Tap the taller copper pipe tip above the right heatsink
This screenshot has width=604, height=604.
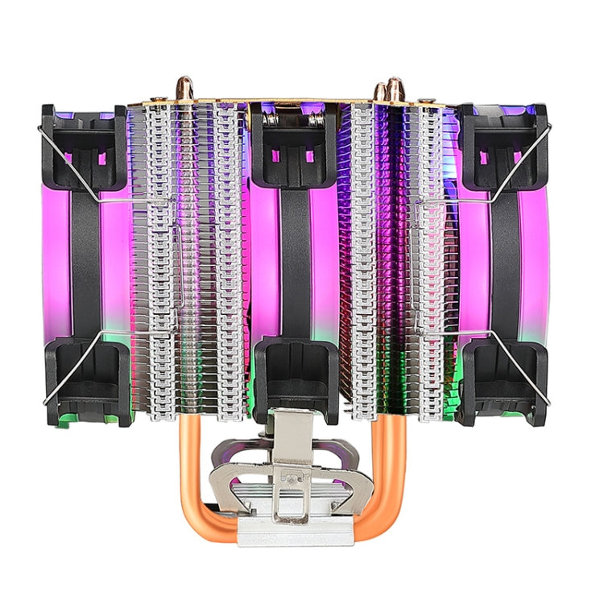click(395, 86)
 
